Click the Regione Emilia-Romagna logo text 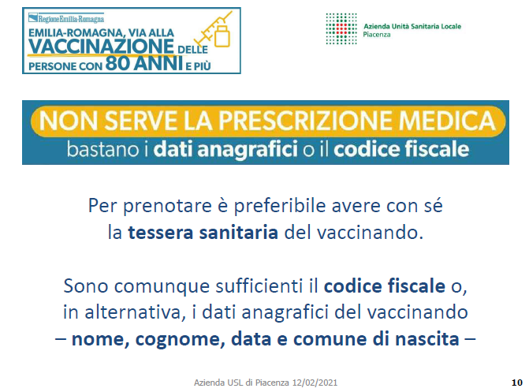point(66,18)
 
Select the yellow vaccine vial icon point(222,35)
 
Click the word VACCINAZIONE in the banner point(101,46)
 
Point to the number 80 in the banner point(117,63)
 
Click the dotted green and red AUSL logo point(341,28)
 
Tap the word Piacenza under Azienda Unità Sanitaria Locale point(377,35)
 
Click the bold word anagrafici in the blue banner point(248,149)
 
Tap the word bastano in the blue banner point(103,149)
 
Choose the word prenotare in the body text point(167,207)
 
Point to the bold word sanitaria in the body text point(239,233)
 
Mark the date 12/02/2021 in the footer point(315,383)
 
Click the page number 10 point(517,383)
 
